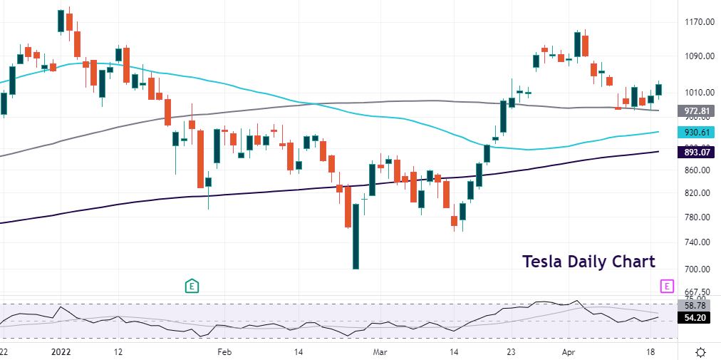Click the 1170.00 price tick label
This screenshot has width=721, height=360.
pyautogui.click(x=700, y=22)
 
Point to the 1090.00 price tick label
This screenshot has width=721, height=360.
pyautogui.click(x=700, y=56)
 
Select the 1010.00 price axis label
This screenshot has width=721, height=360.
pyautogui.click(x=700, y=93)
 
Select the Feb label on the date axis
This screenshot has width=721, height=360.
pyautogui.click(x=225, y=351)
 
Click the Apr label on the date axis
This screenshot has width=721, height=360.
pyautogui.click(x=568, y=351)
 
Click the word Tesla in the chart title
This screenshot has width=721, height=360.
pyautogui.click(x=543, y=262)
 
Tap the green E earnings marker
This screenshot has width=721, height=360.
pyautogui.click(x=192, y=286)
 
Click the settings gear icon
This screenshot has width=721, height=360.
pyautogui.click(x=701, y=351)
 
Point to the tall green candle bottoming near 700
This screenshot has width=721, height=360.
pyautogui.click(x=356, y=237)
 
